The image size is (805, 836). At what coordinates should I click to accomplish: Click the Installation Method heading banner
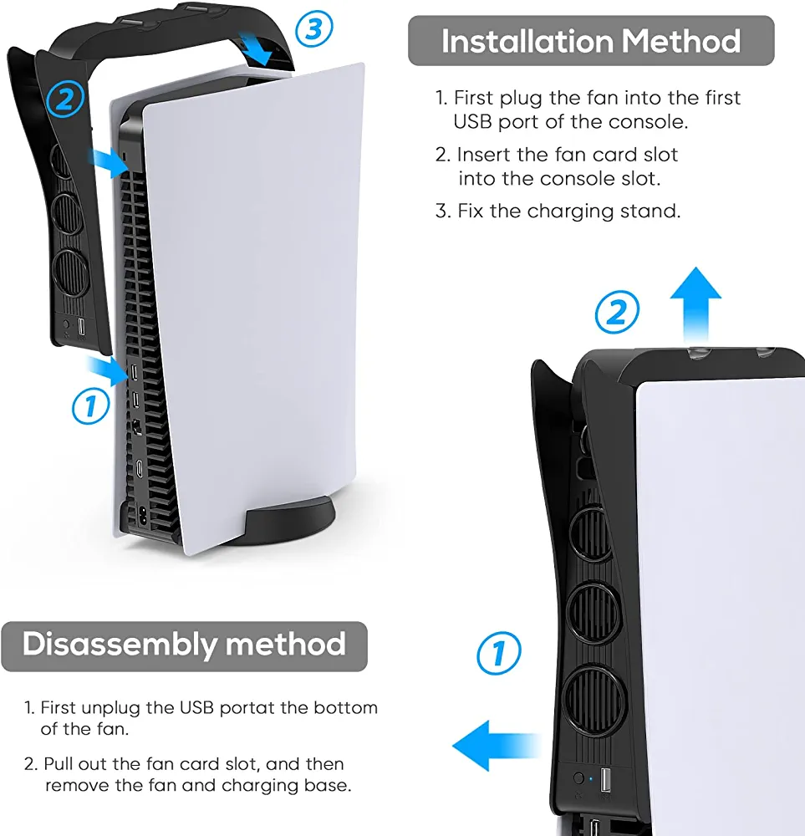point(591,40)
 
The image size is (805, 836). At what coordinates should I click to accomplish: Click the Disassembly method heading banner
point(184,646)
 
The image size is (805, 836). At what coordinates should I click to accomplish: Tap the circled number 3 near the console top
point(314,29)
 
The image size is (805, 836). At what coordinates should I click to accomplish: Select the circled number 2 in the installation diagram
point(65,99)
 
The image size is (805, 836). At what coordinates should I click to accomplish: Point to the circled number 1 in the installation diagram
point(90,405)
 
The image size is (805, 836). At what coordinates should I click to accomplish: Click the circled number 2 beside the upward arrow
point(617,312)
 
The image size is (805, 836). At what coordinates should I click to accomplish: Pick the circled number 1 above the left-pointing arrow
point(498,653)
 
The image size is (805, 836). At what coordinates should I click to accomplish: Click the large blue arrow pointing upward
point(695,304)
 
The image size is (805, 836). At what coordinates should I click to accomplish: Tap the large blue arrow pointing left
point(496,746)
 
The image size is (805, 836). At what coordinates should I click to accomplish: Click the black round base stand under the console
point(290,520)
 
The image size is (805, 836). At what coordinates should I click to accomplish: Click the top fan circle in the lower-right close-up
point(590,533)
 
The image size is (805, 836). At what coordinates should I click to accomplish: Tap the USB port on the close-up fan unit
point(605,779)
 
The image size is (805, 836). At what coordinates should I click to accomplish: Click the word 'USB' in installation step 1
point(472,122)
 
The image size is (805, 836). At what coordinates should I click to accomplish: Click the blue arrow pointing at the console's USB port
point(108,370)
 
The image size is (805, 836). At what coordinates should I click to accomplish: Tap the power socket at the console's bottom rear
point(142,514)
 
